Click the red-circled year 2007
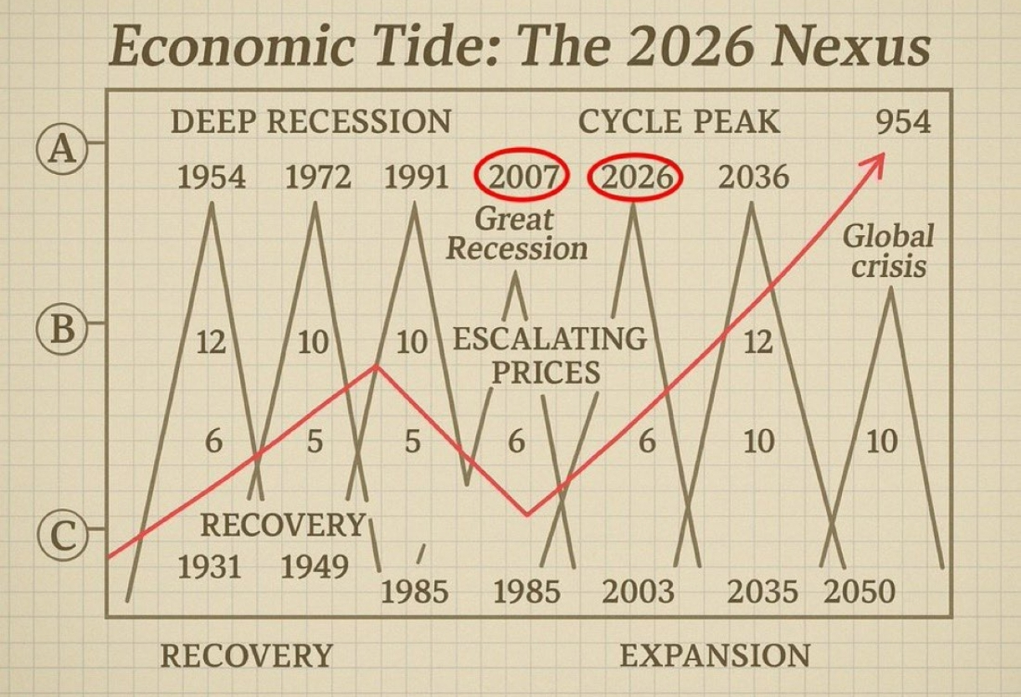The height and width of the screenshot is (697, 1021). tap(523, 177)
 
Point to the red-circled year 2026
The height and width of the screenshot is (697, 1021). tap(636, 177)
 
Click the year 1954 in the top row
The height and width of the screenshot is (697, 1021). tap(212, 177)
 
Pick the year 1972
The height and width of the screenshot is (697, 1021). tap(318, 177)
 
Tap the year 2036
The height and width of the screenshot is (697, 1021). tap(753, 177)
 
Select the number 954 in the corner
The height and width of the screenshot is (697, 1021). tap(903, 123)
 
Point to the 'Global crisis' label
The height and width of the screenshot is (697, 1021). tap(888, 251)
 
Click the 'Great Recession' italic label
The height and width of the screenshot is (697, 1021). tap(516, 233)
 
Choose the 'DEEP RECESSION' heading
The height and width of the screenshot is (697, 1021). tap(310, 122)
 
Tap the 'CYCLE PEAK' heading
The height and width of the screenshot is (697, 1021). tap(679, 122)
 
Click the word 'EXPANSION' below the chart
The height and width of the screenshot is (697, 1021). tap(715, 655)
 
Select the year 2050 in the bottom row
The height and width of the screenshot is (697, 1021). tap(859, 592)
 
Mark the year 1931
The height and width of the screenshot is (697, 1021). tap(209, 566)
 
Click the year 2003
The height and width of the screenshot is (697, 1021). tap(638, 592)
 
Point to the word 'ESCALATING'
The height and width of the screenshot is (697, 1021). tap(550, 339)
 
